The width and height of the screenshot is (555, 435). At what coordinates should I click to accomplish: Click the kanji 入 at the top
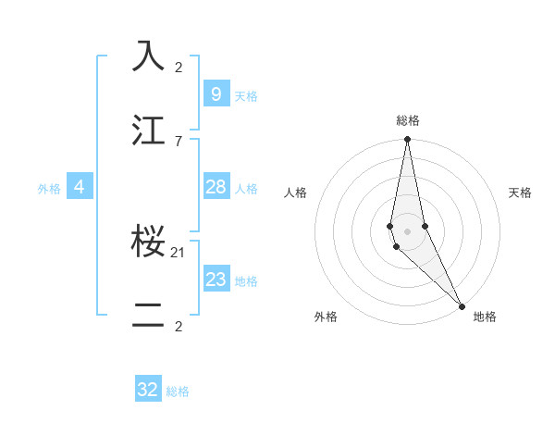[x=149, y=56]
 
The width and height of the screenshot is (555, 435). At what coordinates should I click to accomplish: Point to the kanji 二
[x=149, y=316]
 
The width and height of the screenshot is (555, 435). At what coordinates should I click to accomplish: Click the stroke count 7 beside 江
[x=179, y=141]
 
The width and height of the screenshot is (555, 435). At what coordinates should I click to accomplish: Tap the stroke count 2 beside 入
[x=179, y=67]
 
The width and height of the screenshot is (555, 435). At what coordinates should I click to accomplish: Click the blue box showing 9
[x=216, y=93]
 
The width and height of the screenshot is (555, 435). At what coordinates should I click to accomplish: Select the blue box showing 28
[x=216, y=187]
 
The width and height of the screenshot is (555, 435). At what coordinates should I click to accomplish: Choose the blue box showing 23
[x=216, y=280]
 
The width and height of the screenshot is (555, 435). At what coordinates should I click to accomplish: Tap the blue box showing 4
[x=80, y=187]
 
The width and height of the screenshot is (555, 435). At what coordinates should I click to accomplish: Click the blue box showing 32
[x=148, y=390]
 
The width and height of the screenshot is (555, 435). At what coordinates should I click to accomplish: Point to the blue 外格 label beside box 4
[x=49, y=189]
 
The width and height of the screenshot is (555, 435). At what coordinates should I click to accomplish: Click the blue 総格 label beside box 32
[x=178, y=391]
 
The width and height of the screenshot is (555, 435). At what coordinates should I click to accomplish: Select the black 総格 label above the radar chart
[x=407, y=120]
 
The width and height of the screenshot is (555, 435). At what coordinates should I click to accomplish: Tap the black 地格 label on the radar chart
[x=485, y=317]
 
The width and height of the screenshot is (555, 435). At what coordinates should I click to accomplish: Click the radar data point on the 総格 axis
[x=407, y=140]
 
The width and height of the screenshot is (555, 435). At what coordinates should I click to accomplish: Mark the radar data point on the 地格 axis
[x=462, y=306]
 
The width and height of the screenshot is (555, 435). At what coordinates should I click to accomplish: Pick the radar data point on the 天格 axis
[x=425, y=226]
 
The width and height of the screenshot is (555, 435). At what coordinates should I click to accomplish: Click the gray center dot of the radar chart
[x=407, y=231]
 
